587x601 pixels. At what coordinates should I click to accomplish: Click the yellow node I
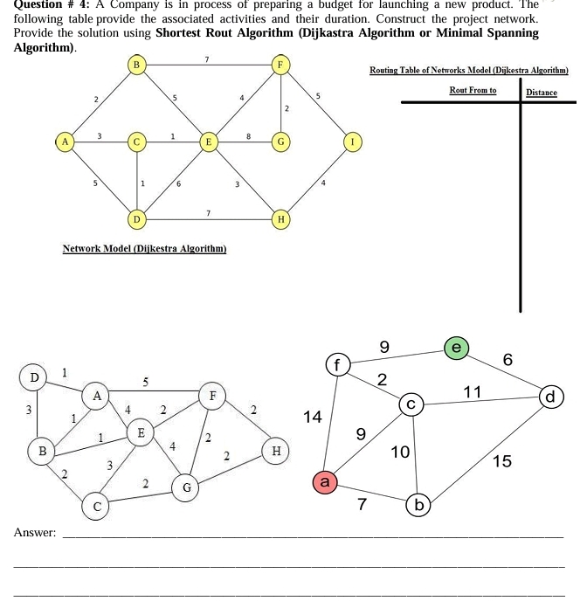coord(353,141)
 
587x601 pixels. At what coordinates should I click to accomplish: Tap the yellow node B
coord(135,66)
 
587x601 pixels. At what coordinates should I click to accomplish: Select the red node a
coord(325,481)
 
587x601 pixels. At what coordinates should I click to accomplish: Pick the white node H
coord(277,451)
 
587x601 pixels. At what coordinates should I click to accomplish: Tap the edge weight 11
coord(472,392)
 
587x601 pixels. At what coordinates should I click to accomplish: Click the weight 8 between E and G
coord(249,135)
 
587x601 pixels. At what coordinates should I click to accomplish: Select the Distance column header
coord(542,92)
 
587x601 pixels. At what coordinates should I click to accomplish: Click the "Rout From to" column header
coord(472,90)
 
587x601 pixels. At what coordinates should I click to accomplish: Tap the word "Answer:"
coord(35,532)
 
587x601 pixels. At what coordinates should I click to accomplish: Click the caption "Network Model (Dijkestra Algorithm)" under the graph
coord(145,249)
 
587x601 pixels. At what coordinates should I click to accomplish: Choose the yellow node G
coord(280,141)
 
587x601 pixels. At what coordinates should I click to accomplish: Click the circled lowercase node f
coord(337,363)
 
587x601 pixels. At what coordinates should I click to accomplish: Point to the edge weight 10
coord(400,452)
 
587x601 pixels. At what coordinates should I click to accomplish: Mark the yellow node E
coord(208,141)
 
